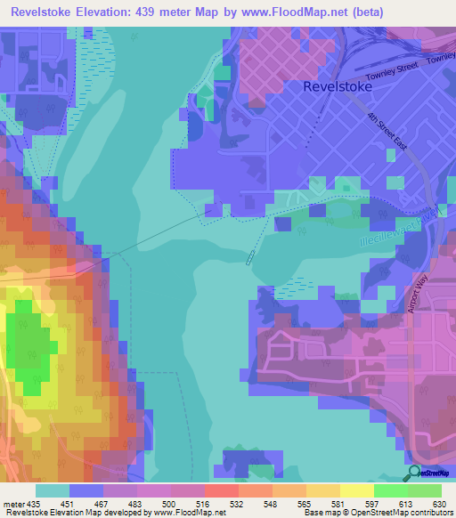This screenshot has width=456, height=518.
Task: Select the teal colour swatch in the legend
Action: coord(53,490)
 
